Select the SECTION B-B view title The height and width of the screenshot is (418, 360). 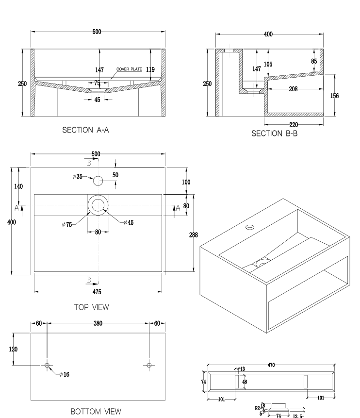pyautogui.click(x=275, y=134)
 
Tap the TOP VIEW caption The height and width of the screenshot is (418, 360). pyautogui.click(x=92, y=307)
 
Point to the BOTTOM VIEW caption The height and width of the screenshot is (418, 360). pyautogui.click(x=96, y=412)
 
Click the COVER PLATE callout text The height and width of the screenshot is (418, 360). pyautogui.click(x=129, y=69)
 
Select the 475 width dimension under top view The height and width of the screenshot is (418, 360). pyautogui.click(x=97, y=292)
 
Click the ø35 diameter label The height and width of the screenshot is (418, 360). pyautogui.click(x=78, y=176)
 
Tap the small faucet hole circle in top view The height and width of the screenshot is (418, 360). pyautogui.click(x=98, y=181)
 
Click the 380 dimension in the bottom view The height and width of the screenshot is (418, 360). pyautogui.click(x=98, y=323)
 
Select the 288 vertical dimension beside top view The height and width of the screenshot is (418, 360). pyautogui.click(x=193, y=235)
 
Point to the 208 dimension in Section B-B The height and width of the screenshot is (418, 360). pyautogui.click(x=293, y=89)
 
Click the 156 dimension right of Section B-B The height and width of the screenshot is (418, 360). pyautogui.click(x=334, y=96)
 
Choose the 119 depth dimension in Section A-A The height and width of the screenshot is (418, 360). pyautogui.click(x=150, y=70)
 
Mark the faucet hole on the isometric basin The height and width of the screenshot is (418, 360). pyautogui.click(x=250, y=227)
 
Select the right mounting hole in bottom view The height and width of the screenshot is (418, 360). pyautogui.click(x=149, y=365)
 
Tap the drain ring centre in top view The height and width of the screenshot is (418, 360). pyautogui.click(x=98, y=205)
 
